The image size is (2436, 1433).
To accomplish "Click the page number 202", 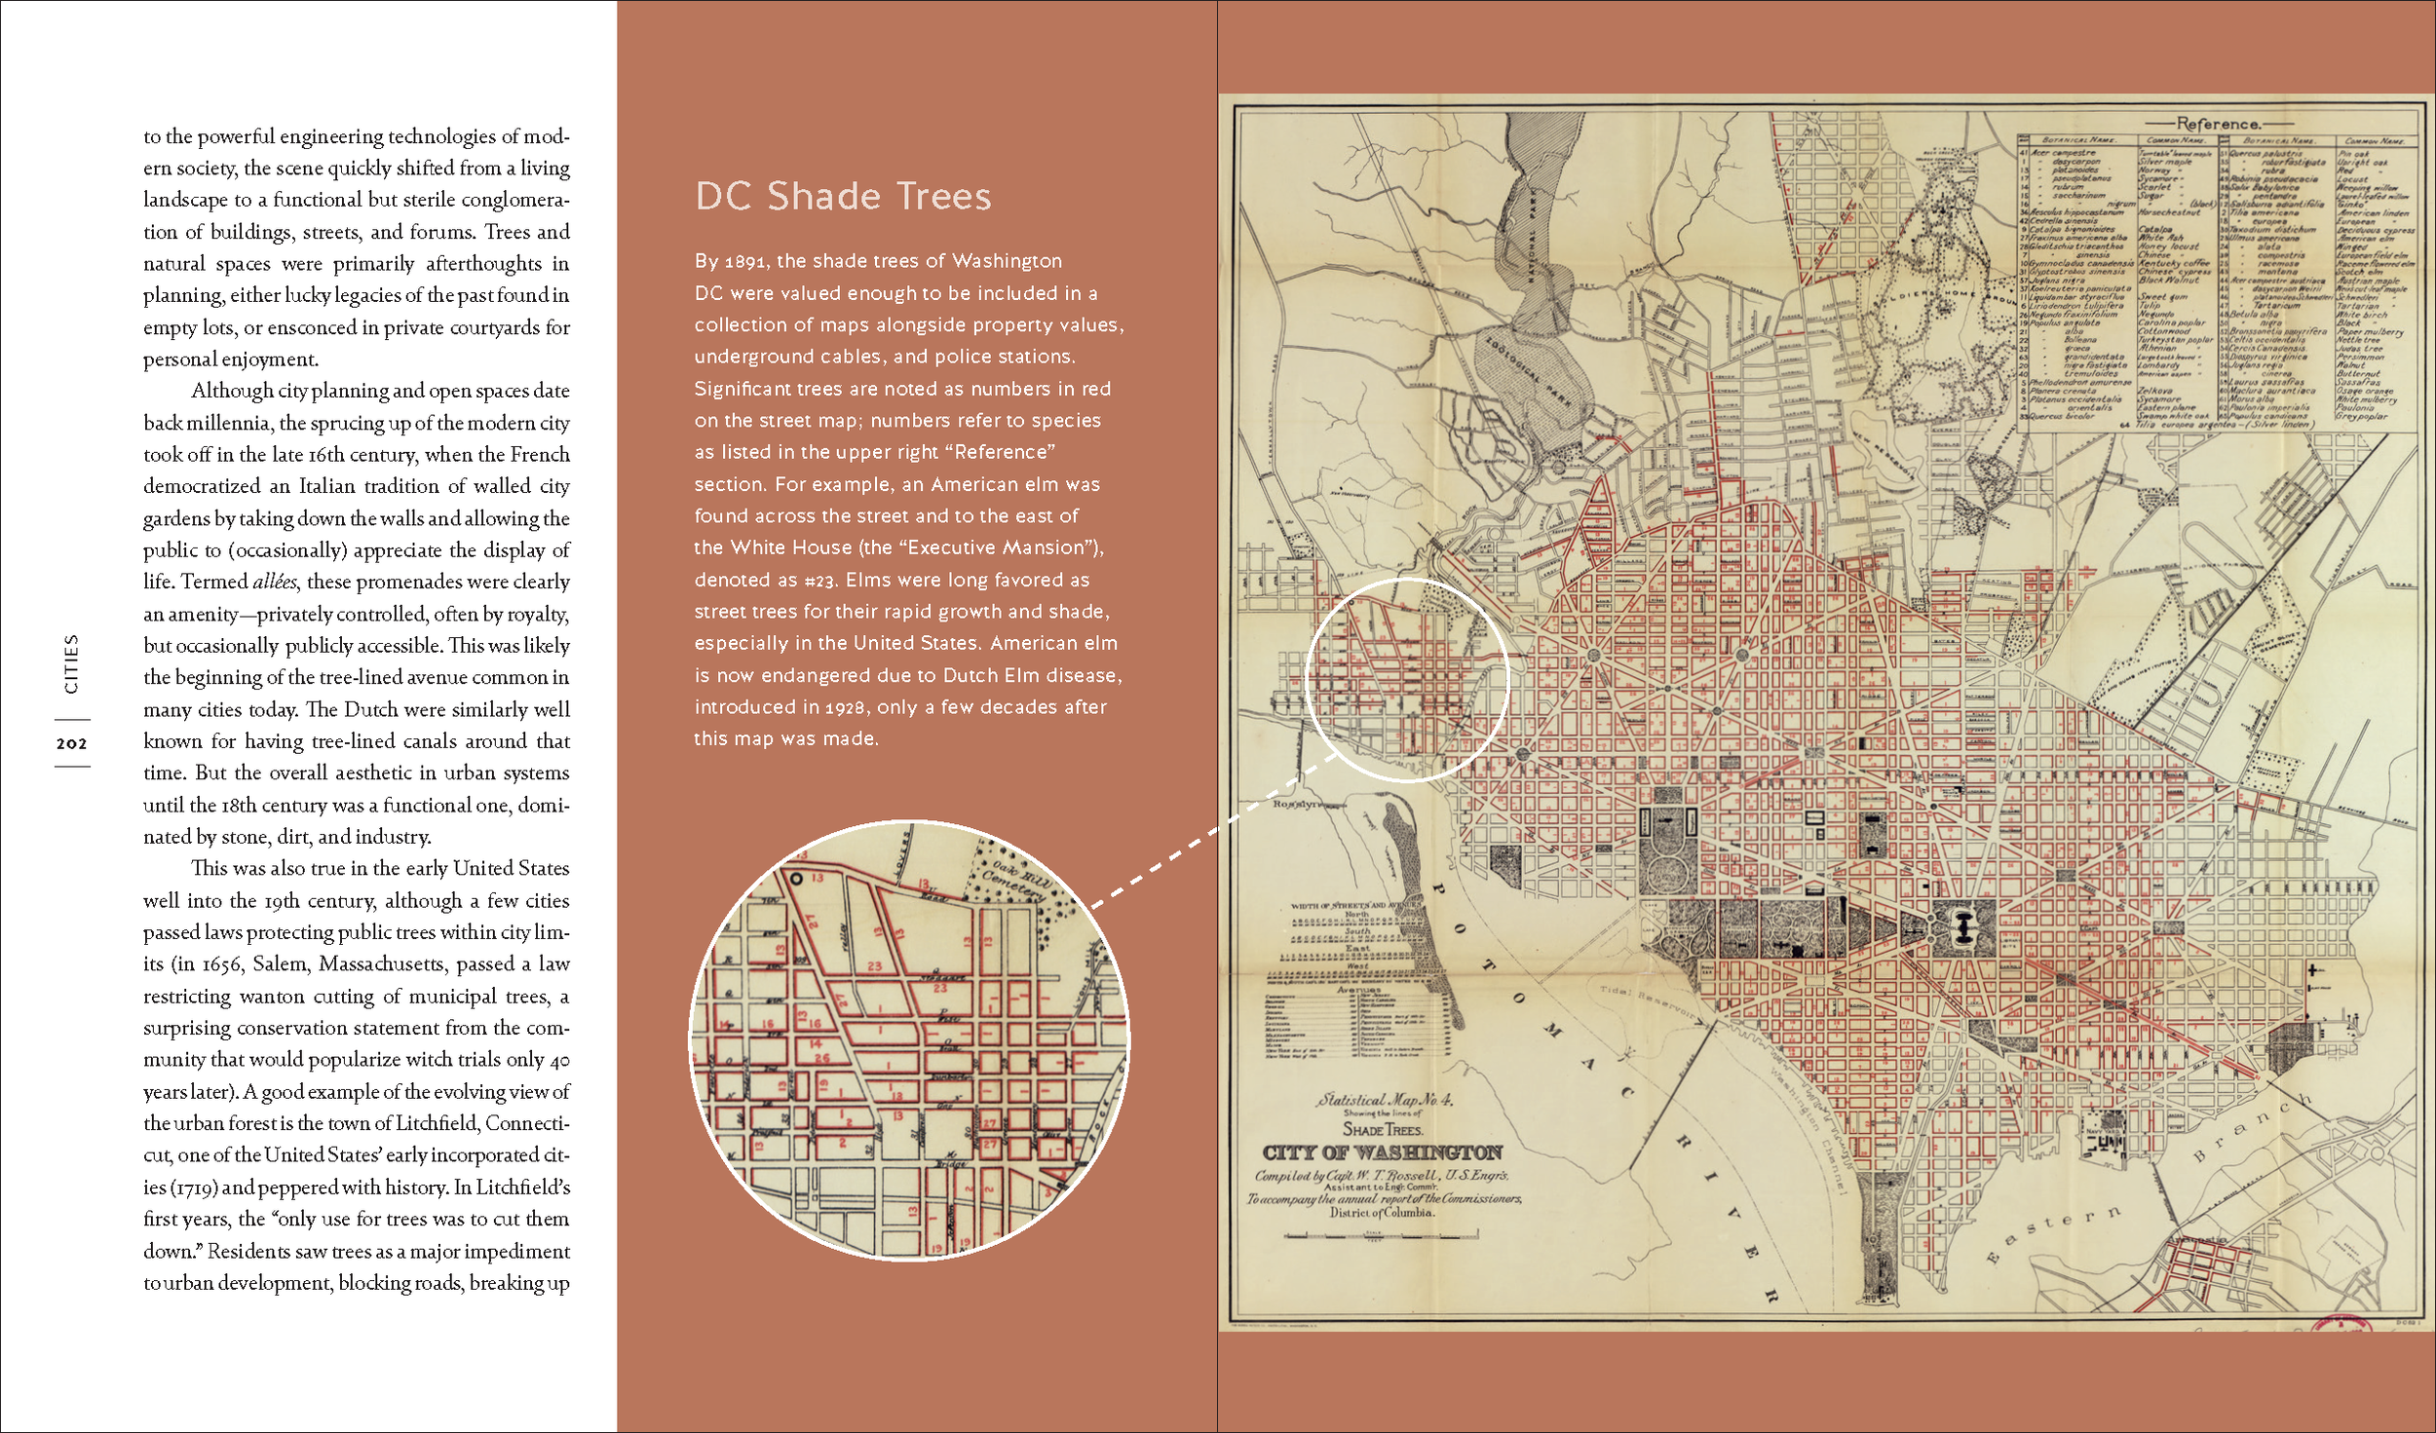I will click(71, 743).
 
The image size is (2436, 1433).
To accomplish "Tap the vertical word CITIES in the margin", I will click(71, 664).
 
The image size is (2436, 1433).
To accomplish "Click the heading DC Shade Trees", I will click(843, 197).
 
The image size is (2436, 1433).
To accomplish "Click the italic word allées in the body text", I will click(275, 582).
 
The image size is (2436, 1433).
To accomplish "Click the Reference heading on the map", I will click(2217, 124).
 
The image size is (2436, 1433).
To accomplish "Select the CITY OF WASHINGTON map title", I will click(1382, 1152).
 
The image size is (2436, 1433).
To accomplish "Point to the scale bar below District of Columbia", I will click(1382, 1235).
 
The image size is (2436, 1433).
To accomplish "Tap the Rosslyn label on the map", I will click(1298, 804).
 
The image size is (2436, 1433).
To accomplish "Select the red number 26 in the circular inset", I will click(821, 1058).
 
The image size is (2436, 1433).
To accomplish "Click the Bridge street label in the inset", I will click(951, 1163).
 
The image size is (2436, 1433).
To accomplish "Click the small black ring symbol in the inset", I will click(795, 878).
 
